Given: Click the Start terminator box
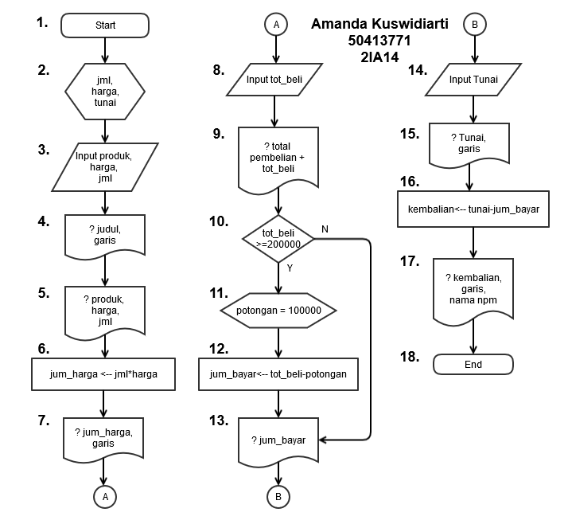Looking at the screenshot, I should pyautogui.click(x=105, y=25).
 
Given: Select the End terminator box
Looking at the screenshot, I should pyautogui.click(x=473, y=365).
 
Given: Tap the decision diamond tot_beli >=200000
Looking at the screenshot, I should pyautogui.click(x=278, y=237).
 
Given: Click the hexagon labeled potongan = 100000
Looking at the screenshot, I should pyautogui.click(x=278, y=309).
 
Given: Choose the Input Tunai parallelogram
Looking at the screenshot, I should pyautogui.click(x=473, y=80).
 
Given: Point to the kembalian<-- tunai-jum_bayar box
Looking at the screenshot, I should pyautogui.click(x=473, y=209).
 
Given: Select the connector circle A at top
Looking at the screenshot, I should pyautogui.click(x=276, y=25).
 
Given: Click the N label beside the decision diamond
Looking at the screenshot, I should pyautogui.click(x=325, y=229).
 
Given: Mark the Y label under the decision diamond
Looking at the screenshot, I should pyautogui.click(x=290, y=268).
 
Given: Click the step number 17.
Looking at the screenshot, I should pyautogui.click(x=410, y=260).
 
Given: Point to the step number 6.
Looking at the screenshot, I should pyautogui.click(x=43, y=348).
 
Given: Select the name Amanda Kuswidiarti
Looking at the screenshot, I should pyautogui.click(x=379, y=25).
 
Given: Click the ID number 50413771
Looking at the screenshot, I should pyautogui.click(x=379, y=41).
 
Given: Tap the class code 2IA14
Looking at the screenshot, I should pyautogui.click(x=379, y=57).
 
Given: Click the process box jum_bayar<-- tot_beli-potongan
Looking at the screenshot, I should pyautogui.click(x=278, y=374).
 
